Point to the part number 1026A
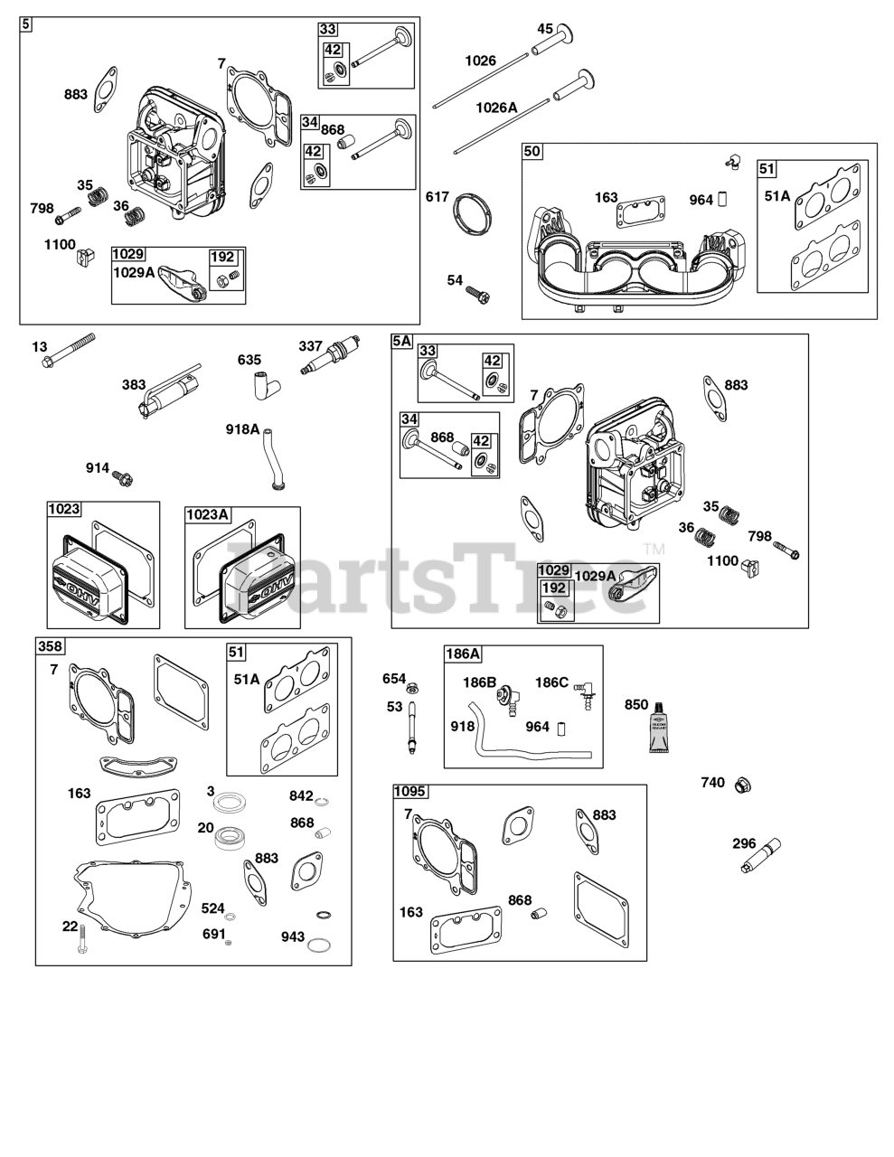click(496, 108)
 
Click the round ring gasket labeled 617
click(474, 215)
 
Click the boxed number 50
click(532, 152)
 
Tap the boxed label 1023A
click(208, 514)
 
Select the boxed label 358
click(50, 645)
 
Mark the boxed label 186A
click(463, 654)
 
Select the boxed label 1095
click(410, 792)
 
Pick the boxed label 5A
click(401, 342)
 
